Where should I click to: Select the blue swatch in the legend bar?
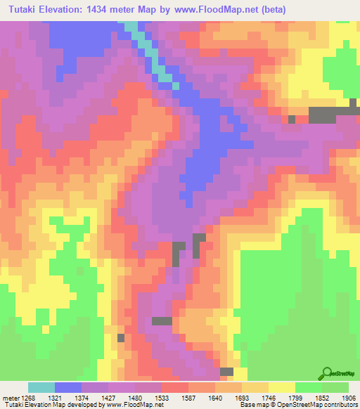67,387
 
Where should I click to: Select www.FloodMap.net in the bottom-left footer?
134,405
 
